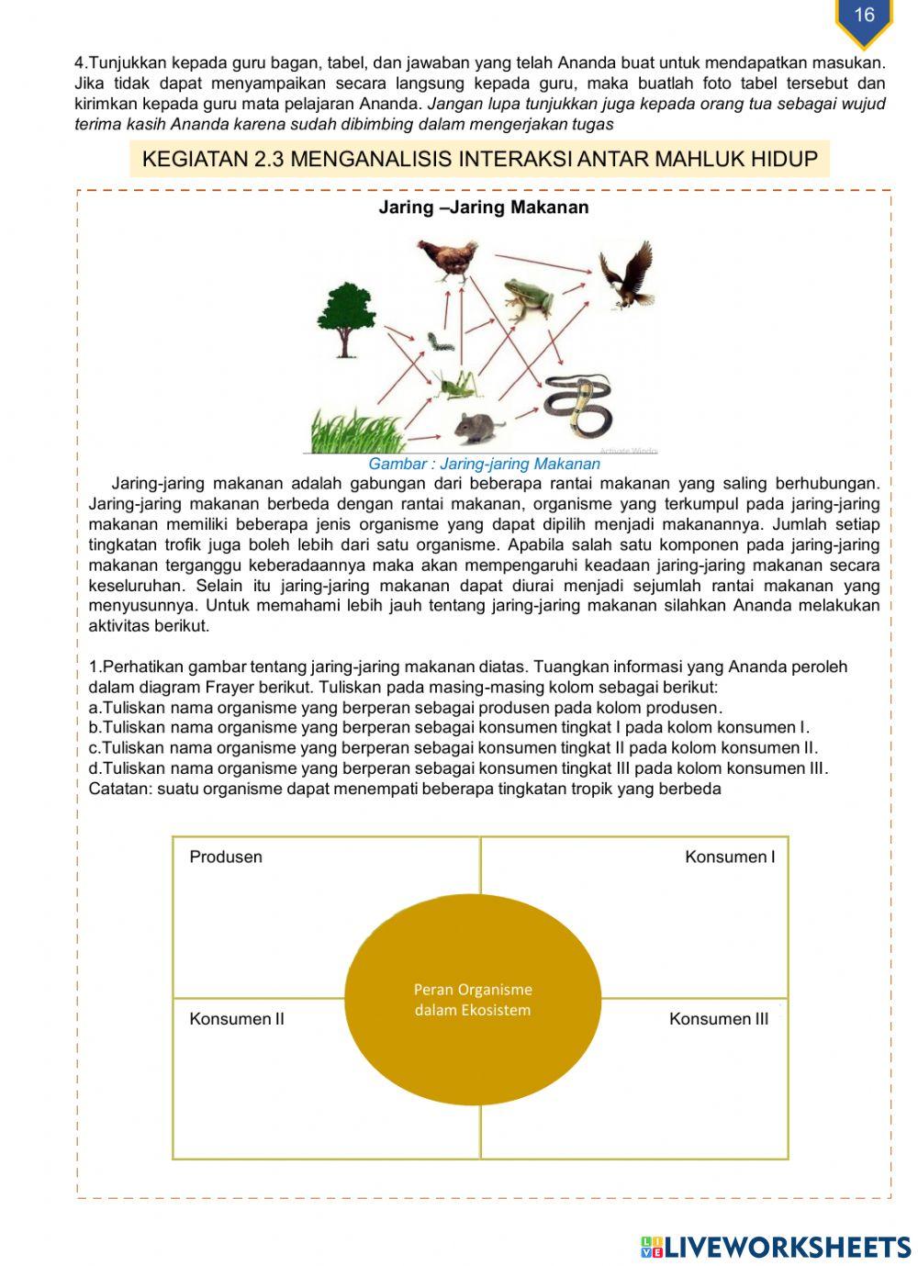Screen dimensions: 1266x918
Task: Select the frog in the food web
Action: pos(529,297)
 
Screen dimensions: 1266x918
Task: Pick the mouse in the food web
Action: pos(479,426)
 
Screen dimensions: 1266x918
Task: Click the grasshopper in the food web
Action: pos(456,384)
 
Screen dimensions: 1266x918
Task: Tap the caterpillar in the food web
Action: pos(439,343)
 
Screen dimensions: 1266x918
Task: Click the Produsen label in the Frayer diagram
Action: pos(226,857)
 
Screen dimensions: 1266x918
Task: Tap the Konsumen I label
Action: pos(730,857)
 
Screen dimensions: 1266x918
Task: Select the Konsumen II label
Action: pos(237,1018)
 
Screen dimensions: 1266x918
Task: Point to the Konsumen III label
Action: pos(719,1018)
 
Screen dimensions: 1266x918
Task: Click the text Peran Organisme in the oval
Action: pos(473,990)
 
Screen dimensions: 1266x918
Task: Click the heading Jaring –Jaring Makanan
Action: pos(484,207)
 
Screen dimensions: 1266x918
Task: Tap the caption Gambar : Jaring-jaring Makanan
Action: pos(484,464)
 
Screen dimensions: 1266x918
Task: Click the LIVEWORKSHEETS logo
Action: pos(776,1246)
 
